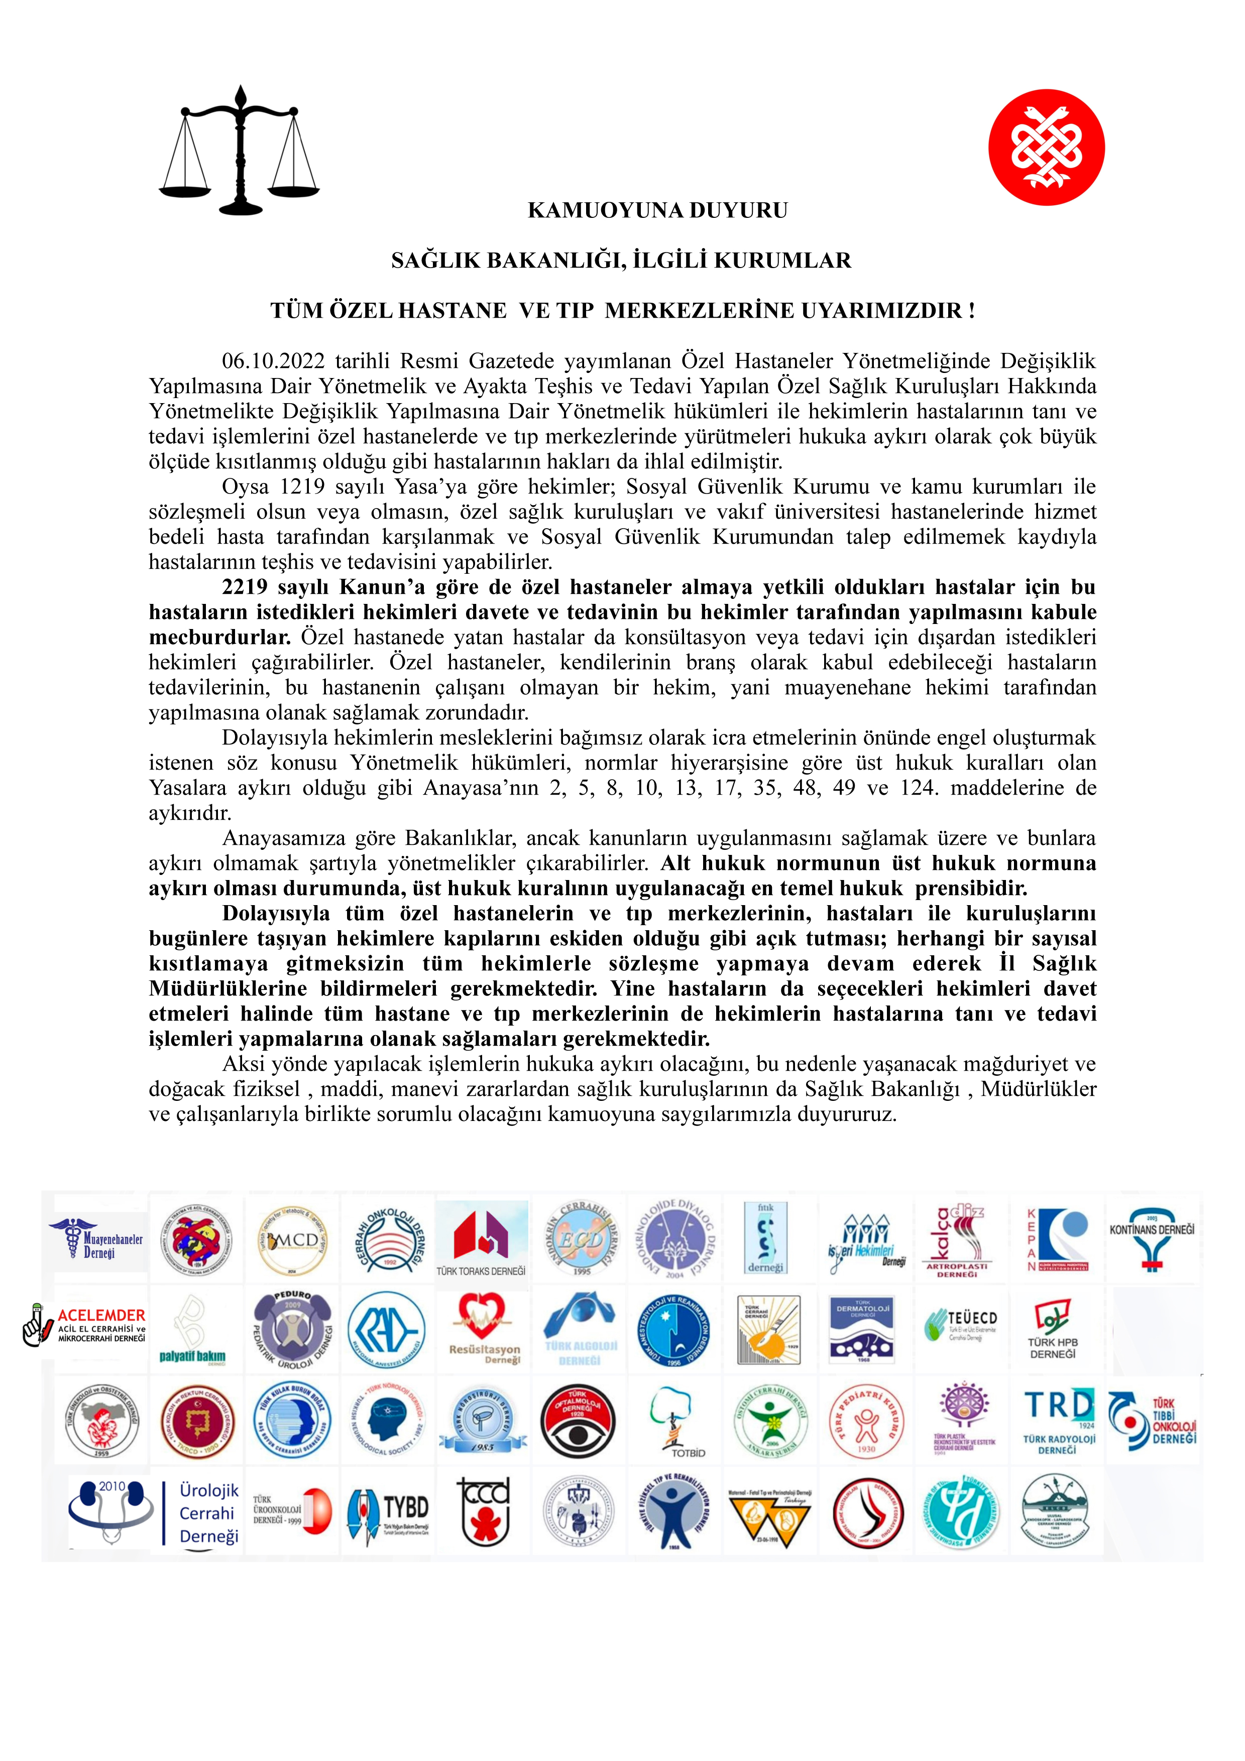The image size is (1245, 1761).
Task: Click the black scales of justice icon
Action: (240, 151)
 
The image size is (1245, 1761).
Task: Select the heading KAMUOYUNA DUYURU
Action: (657, 211)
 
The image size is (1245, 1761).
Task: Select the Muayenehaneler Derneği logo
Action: (97, 1239)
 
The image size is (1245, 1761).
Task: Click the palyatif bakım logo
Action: (192, 1331)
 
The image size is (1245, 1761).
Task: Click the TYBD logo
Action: (387, 1512)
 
